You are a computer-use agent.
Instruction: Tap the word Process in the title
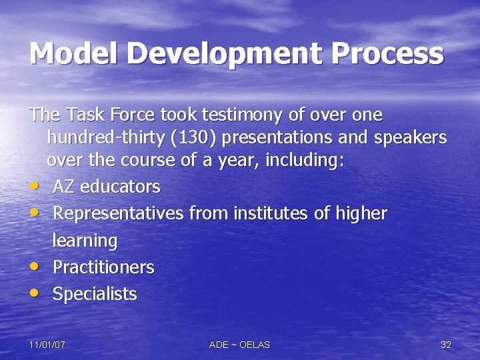pos(389,53)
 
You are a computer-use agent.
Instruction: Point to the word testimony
pos(252,115)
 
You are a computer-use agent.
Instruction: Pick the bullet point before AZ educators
pos(34,187)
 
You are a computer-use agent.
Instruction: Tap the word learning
pos(85,240)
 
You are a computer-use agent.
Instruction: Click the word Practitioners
pos(103,267)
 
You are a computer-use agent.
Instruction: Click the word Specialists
pos(94,294)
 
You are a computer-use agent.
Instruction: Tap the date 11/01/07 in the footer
pos(47,345)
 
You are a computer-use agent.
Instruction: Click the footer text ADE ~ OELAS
pos(239,345)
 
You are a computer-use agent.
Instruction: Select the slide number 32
pos(446,345)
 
